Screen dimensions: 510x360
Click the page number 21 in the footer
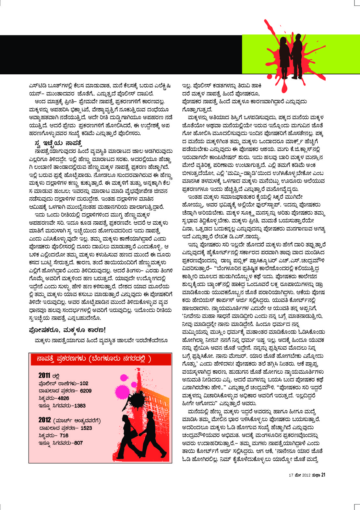[323, 475]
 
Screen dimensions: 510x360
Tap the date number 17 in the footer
[291, 475]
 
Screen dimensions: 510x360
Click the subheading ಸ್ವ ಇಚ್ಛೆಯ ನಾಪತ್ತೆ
[58, 143]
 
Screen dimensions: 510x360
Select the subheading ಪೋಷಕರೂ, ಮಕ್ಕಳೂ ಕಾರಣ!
[67, 330]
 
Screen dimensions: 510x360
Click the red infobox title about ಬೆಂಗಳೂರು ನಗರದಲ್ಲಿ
[94, 359]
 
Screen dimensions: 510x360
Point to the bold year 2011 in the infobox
[44, 376]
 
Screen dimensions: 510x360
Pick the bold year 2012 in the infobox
[45, 420]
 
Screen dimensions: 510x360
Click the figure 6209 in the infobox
[86, 391]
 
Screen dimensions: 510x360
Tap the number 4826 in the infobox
[64, 398]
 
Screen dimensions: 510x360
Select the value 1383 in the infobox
[79, 406]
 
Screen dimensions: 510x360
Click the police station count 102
[84, 383]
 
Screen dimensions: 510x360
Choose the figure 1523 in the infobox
[86, 428]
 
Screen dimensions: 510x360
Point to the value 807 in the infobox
[77, 443]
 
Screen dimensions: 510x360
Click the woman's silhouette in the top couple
[283, 55]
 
